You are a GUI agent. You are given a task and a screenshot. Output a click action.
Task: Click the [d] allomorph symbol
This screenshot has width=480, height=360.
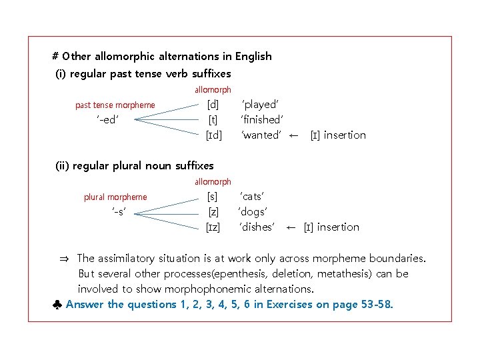point(213,105)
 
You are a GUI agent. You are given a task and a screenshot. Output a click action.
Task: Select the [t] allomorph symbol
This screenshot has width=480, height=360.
point(213,120)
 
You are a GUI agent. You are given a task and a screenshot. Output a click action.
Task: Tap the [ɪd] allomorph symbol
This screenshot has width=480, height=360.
point(213,135)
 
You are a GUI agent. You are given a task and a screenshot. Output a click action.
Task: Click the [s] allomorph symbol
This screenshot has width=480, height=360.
point(213,197)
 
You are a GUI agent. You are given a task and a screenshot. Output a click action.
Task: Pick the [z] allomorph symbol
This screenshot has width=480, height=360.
point(213,212)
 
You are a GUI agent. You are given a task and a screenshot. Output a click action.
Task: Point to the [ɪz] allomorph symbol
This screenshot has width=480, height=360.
point(213,227)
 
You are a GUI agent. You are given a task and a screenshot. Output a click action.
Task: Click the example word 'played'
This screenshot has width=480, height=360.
point(260,105)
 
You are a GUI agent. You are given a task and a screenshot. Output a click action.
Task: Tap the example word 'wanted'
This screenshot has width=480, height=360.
point(261,135)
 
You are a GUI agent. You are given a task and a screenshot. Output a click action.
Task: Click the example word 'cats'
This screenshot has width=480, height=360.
point(253,197)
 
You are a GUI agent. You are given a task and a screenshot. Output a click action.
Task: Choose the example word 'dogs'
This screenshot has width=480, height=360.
point(253,212)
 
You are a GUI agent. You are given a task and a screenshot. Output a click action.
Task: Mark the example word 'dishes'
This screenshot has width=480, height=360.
point(257,227)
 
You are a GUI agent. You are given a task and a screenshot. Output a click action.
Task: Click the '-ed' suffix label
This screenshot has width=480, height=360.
point(109,120)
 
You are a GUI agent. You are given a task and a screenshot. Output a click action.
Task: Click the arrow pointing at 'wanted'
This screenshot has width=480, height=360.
point(293,135)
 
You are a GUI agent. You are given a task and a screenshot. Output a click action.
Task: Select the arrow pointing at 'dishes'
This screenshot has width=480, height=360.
point(291,227)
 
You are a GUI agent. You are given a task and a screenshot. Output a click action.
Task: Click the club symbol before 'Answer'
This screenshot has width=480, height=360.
point(58,305)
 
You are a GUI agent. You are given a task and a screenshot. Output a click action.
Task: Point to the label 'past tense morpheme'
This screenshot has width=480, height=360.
point(115,105)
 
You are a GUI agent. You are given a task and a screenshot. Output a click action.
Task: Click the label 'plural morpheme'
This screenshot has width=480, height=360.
point(115,197)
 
